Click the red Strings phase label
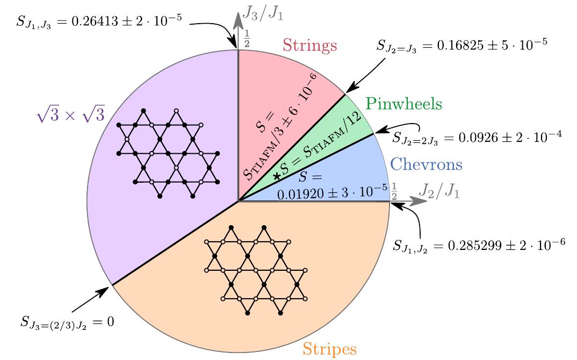pos(310,45)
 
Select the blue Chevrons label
pos(426,164)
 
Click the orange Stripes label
pos(329,349)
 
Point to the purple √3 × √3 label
pos(70,114)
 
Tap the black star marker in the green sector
pos(277,176)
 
